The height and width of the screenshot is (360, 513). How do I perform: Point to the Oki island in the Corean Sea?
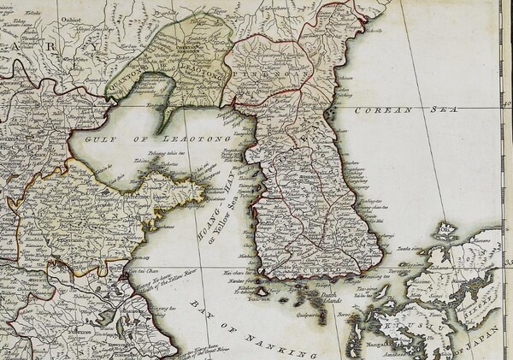444,228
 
